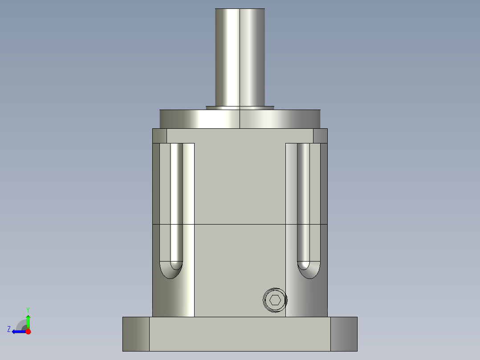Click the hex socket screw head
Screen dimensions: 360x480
coord(275,300)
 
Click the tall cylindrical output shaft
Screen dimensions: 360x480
coord(240,58)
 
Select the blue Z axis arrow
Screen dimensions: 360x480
coord(18,331)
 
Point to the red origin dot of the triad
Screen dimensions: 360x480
coord(28,331)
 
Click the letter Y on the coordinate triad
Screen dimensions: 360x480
coord(28,309)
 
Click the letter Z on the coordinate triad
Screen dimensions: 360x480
coord(9,329)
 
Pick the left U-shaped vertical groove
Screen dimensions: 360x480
coord(176,200)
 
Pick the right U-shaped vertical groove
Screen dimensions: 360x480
coord(304,200)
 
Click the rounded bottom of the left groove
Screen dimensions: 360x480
coord(171,270)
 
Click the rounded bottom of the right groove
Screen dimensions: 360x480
coord(309,270)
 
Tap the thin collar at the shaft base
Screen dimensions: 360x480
coord(240,107)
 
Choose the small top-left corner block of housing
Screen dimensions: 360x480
coord(159,136)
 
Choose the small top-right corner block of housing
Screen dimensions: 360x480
coord(320,136)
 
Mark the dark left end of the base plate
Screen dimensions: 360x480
coord(136,334)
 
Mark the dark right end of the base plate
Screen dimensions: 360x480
coord(344,334)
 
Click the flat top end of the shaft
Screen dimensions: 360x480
coord(240,9)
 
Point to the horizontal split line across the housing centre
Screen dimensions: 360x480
coord(240,224)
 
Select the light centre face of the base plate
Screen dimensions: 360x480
coord(240,334)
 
